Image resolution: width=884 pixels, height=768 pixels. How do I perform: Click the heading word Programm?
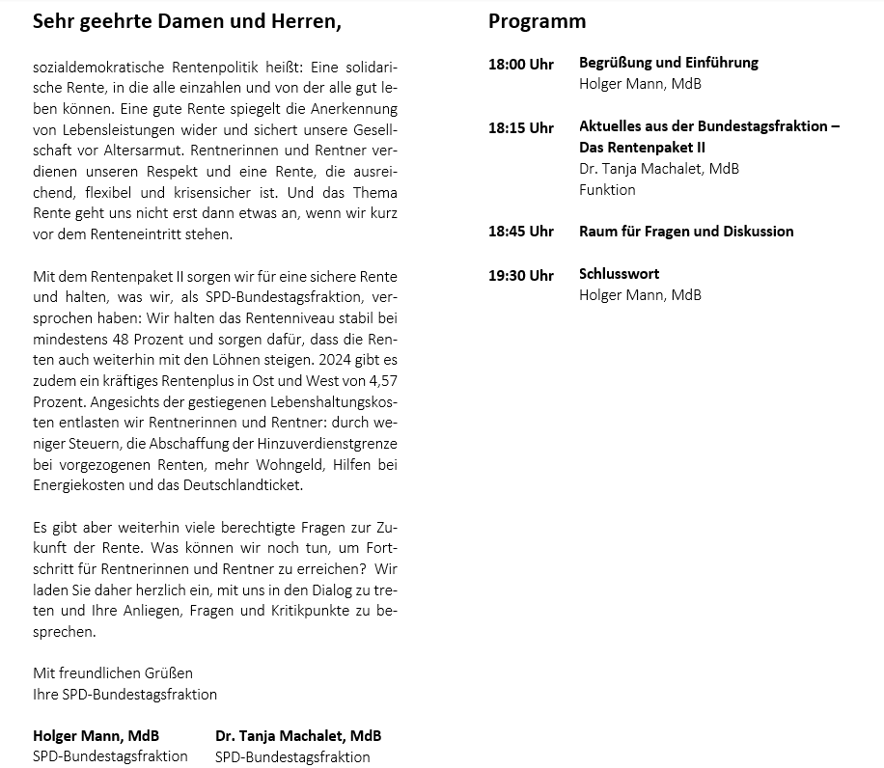[x=537, y=21]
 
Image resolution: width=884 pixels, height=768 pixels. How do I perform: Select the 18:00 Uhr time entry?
[x=520, y=64]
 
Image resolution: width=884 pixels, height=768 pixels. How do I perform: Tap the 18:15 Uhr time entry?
[x=520, y=127]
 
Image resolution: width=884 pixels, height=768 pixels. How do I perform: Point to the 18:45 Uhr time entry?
[x=520, y=232]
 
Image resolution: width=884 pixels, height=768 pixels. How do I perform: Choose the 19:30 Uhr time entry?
[x=520, y=275]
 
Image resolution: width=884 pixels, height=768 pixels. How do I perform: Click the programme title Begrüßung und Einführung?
[x=668, y=63]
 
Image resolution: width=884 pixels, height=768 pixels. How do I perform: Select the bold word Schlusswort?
[x=619, y=274]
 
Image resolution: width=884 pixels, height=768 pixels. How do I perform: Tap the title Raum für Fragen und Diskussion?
[x=686, y=232]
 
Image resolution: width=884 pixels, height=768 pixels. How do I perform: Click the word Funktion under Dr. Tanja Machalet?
[x=607, y=190]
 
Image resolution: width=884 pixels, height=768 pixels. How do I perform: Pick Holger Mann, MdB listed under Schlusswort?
[x=640, y=295]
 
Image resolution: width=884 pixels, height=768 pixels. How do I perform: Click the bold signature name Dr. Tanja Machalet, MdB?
[x=298, y=735]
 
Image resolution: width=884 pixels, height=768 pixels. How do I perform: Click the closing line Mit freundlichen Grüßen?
[x=113, y=673]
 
